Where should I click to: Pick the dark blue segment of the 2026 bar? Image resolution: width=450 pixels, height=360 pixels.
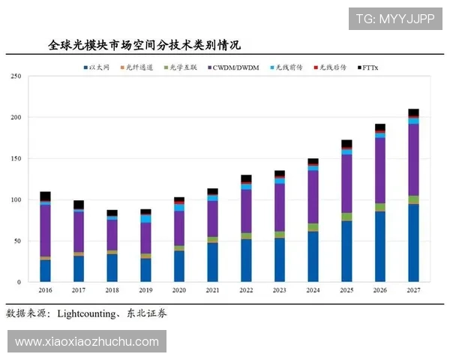tap(380, 247)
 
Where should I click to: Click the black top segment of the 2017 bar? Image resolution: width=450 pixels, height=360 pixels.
tap(79, 204)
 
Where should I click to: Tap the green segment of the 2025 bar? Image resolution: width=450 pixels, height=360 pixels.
tap(346, 217)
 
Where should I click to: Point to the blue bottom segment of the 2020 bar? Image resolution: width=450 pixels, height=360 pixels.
tap(179, 266)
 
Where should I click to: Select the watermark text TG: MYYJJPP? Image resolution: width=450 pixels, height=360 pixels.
tap(395, 18)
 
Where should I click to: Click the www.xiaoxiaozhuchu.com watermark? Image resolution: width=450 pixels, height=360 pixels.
tap(87, 342)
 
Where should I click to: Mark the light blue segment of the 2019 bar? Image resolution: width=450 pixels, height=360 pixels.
tap(145, 218)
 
